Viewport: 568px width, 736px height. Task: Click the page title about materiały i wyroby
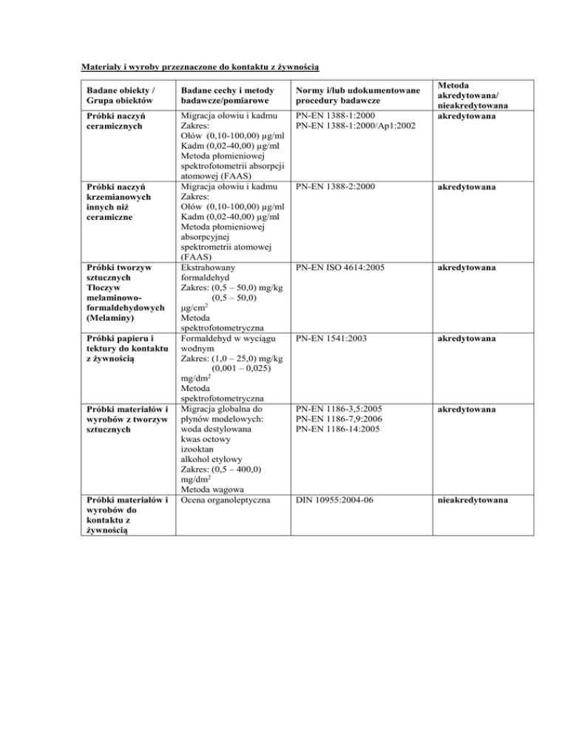coord(200,67)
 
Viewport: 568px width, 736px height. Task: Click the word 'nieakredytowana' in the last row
coord(470,500)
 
